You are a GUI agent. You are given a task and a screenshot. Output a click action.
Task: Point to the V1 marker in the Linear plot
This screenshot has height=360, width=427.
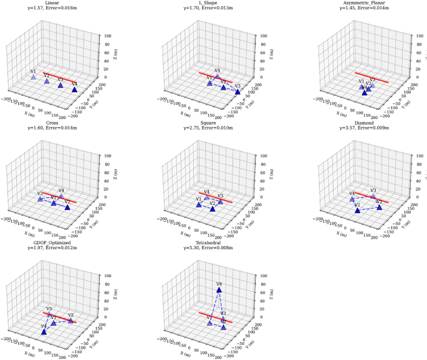[34, 77]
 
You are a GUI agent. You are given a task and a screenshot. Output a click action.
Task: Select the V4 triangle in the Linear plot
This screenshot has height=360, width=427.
[74, 90]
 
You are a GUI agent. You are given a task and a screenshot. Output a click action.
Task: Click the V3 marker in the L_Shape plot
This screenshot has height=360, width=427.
[237, 92]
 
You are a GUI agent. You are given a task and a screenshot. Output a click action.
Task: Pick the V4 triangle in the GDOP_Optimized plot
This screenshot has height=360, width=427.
[44, 332]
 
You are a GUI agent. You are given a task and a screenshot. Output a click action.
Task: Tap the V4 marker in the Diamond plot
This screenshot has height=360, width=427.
[352, 199]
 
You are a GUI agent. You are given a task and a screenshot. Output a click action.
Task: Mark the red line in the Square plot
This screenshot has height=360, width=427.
[215, 197]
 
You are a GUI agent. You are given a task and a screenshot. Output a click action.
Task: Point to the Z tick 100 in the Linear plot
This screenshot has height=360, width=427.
[108, 36]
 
